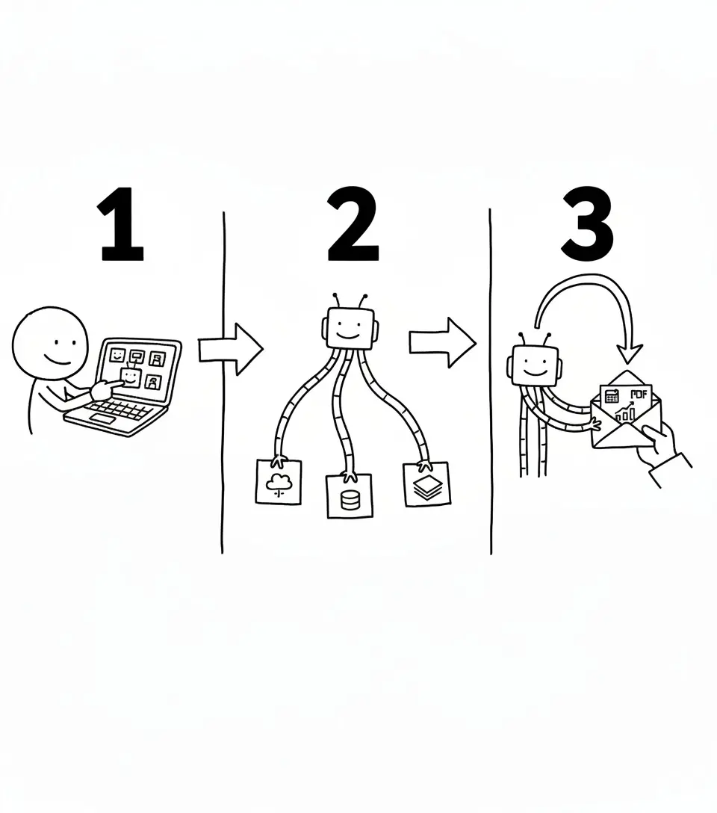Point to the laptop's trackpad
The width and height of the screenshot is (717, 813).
103,419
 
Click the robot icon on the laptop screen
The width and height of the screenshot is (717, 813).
131,376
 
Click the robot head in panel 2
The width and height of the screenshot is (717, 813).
349,327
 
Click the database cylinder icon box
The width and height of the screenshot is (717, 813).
349,496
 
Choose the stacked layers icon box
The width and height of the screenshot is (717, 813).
427,483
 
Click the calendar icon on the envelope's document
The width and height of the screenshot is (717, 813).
612,395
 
